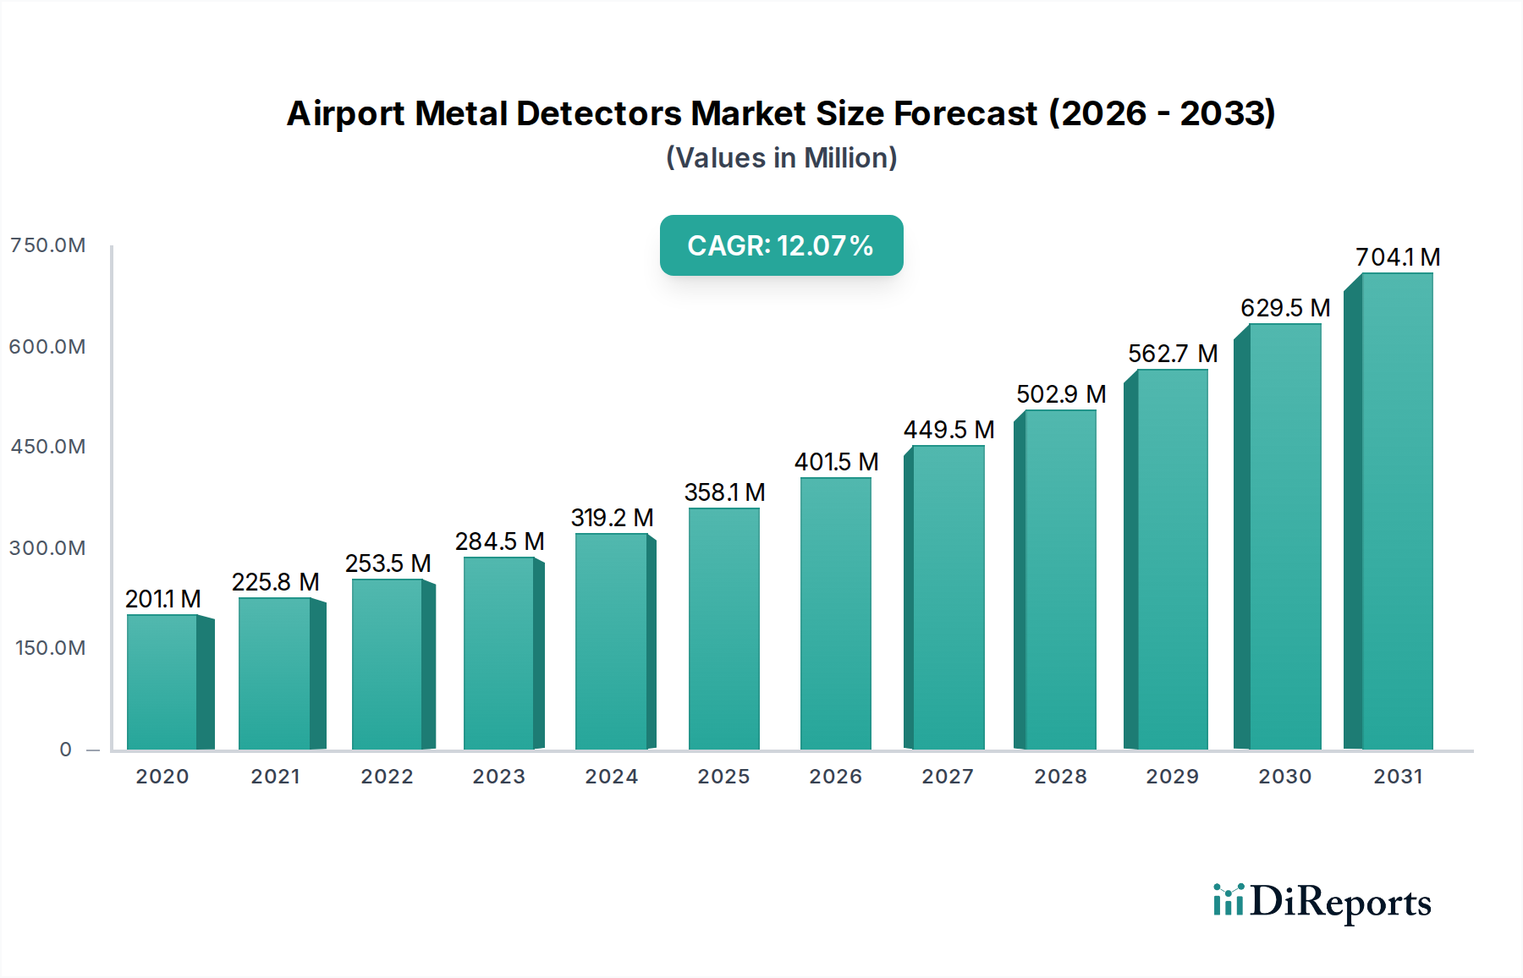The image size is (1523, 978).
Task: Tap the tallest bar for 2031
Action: [1397, 511]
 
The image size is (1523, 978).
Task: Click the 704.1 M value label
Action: [1398, 257]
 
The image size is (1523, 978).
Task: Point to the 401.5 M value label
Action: [836, 462]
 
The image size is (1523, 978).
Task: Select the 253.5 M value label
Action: [388, 563]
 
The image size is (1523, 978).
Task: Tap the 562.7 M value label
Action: [1173, 354]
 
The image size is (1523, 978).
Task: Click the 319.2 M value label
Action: [612, 518]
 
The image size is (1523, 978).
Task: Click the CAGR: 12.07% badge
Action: [781, 245]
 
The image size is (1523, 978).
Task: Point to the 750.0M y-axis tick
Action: [48, 245]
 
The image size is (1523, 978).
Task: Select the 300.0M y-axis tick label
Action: [48, 548]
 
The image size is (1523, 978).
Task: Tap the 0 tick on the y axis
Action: [66, 750]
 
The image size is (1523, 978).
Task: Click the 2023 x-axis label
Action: [499, 777]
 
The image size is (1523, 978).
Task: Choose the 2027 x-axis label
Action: [948, 777]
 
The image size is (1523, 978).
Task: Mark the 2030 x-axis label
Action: [1284, 777]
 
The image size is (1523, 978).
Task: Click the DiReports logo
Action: [1322, 902]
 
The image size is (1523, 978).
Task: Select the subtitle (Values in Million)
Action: [781, 158]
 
